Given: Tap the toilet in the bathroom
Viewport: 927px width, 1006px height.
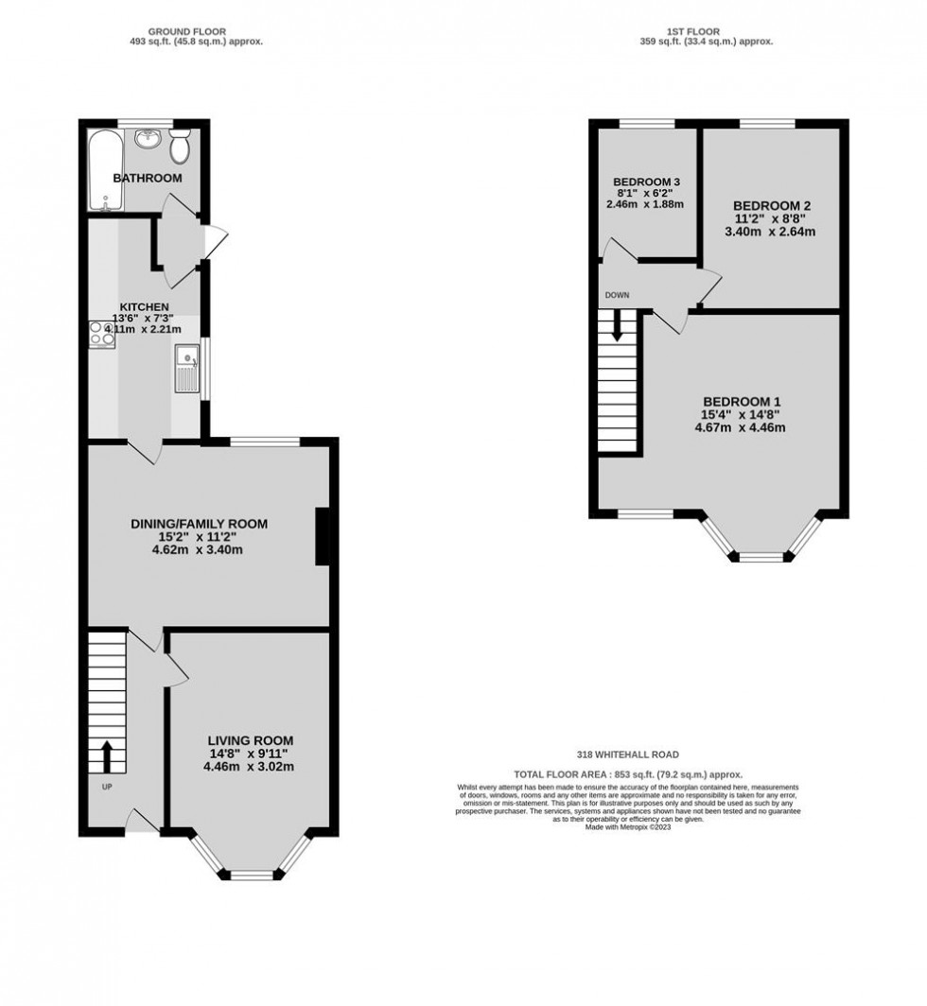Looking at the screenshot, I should [x=181, y=148].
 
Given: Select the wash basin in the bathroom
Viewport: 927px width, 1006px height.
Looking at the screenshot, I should [x=148, y=141].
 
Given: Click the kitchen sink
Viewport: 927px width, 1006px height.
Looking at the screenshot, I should [x=186, y=368].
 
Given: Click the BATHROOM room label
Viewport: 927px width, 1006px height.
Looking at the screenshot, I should [x=148, y=178].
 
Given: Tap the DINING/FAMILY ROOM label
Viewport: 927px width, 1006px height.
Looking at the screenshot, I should [x=199, y=523].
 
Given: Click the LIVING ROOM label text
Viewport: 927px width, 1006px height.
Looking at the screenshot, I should [x=251, y=740].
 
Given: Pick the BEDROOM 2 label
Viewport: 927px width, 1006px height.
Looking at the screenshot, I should [x=772, y=205].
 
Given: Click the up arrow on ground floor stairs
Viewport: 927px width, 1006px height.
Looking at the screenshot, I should [x=106, y=755].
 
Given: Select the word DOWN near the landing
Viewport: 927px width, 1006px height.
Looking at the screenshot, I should [x=617, y=295].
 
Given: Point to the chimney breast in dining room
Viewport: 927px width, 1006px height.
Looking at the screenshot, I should [x=322, y=536].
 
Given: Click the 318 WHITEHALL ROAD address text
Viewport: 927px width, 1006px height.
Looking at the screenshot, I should [x=629, y=755].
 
